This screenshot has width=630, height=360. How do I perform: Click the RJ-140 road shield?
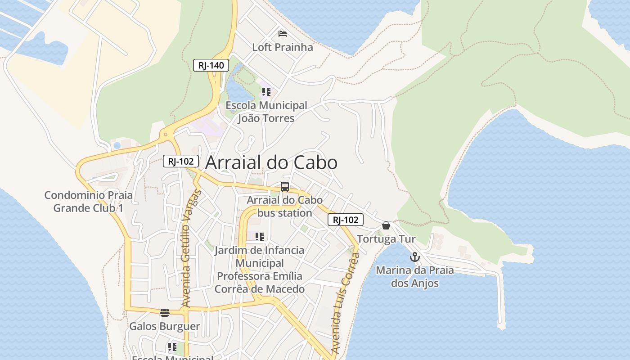point(211,65)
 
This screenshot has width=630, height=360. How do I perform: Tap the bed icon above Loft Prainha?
point(283,34)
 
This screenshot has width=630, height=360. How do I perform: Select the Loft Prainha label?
point(282,47)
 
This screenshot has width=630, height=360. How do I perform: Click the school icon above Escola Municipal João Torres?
point(266,92)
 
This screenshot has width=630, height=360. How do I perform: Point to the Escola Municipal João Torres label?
point(266,112)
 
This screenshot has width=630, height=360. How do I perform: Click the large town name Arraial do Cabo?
point(271,162)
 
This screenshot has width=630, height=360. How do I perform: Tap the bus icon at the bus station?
point(284,187)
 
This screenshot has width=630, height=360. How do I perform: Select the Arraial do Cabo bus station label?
point(284,206)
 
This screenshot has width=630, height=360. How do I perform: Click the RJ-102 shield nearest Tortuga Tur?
point(345,220)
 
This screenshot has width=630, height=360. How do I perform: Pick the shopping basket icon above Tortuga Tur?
point(386,225)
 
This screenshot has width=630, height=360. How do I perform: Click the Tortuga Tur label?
point(386,239)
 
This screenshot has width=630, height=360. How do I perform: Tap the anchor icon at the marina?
point(414,257)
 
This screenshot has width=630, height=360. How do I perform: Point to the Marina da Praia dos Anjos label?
point(414,277)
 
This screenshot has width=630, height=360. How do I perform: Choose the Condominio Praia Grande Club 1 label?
point(88,202)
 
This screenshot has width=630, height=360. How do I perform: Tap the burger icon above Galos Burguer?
point(165,313)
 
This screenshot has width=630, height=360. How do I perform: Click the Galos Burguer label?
point(165,326)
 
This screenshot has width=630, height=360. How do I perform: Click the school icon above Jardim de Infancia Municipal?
point(259,237)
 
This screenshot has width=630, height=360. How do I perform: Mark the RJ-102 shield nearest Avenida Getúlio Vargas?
point(180,161)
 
